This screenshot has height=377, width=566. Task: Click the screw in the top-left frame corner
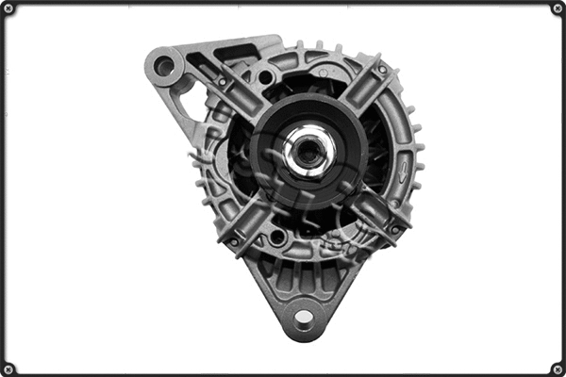pyautogui.click(x=9, y=8)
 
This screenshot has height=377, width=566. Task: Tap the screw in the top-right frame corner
pyautogui.click(x=557, y=8)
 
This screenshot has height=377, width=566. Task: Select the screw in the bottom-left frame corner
pyautogui.click(x=9, y=369)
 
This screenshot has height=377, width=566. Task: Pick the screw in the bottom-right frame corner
pyautogui.click(x=557, y=369)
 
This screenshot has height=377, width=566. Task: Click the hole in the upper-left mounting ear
pyautogui.click(x=165, y=66)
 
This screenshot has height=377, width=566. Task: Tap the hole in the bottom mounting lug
pyautogui.click(x=304, y=318)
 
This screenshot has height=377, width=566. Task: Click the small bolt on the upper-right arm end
pyautogui.click(x=381, y=69)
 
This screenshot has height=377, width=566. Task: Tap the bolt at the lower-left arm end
pyautogui.click(x=233, y=240)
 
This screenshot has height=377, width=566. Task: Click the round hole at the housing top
pyautogui.click(x=267, y=76)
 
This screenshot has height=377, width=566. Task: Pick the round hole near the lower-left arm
pyautogui.click(x=275, y=237)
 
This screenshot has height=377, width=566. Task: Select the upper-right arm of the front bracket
pyautogui.click(x=363, y=90)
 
